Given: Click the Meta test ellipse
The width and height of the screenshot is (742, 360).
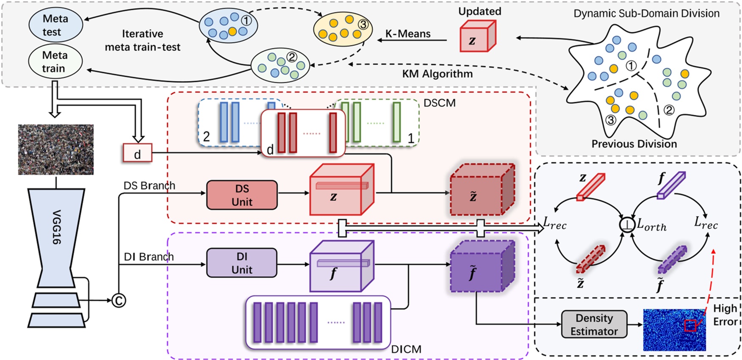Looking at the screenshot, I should click(55, 25).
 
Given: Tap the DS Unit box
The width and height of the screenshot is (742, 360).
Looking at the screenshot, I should click(242, 195).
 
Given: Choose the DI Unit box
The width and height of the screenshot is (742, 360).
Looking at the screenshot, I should click(242, 263).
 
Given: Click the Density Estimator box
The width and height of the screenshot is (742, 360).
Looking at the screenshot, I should click(594, 324).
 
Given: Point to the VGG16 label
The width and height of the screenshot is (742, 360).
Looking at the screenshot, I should click(56, 227).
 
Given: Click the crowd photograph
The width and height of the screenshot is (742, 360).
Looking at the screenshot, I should click(56, 150).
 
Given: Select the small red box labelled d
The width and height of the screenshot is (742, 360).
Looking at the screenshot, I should click(137, 153).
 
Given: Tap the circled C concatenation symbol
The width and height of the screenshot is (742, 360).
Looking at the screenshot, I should click(119, 300).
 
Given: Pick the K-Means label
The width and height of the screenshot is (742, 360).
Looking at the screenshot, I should click(407, 34).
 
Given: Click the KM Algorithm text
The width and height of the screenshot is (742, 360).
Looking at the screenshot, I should click(437, 74).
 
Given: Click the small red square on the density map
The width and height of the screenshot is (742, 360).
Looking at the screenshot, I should click(690, 325).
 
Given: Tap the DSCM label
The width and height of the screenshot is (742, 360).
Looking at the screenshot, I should click(440, 102).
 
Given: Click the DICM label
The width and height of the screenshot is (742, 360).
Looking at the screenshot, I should click(406, 349).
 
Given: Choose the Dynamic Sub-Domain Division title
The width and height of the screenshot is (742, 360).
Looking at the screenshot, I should click(646, 14).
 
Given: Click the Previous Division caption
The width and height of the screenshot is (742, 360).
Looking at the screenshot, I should click(634, 144).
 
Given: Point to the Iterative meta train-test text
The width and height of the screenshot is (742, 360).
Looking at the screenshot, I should click(142, 40).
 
